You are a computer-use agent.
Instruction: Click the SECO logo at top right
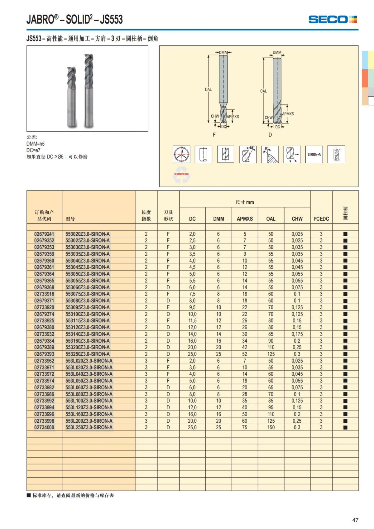332,19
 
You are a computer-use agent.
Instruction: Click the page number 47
355,520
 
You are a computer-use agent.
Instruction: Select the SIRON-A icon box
314,154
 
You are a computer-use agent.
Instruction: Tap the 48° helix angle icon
248,154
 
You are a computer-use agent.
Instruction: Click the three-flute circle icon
181,154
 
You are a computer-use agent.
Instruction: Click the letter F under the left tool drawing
214,135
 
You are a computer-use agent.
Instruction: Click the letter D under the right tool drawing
270,135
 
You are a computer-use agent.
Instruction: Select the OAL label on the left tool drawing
208,89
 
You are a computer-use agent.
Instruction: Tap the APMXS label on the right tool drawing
288,114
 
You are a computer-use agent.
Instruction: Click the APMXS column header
245,219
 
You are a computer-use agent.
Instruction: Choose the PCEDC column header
321,219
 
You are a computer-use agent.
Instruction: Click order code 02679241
44,234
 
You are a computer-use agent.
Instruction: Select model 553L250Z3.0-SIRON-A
89,427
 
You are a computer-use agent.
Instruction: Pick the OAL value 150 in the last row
271,427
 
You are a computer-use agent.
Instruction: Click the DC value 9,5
192,307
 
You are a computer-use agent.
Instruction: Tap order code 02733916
44,294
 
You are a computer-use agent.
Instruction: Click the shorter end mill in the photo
72,97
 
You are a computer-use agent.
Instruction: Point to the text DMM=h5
36,144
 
